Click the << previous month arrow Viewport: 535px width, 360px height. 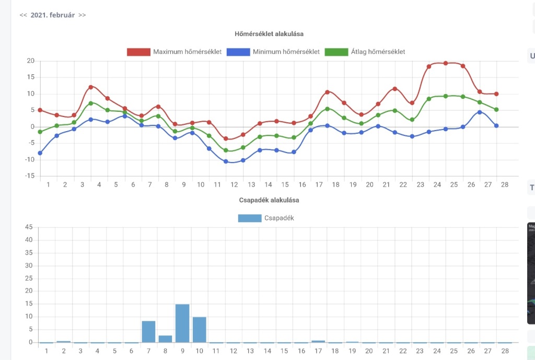[23, 15]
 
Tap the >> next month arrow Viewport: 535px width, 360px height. [82, 15]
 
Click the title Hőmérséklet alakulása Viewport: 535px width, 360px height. [269, 34]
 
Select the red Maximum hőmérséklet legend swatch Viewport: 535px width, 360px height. [138, 52]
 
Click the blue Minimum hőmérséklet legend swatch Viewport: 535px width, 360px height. [238, 52]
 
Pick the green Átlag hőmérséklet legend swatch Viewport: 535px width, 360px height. [336, 52]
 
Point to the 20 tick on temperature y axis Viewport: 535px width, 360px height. [30, 61]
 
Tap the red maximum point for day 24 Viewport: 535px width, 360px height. [446, 63]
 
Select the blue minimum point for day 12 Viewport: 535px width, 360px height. [226, 161]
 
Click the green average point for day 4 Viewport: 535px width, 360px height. [91, 103]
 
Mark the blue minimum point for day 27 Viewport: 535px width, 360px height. [480, 112]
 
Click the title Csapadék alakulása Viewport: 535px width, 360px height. [269, 200]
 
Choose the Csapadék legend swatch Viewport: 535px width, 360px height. [249, 218]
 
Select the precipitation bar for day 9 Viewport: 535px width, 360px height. [182, 323]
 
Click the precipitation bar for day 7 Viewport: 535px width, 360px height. [149, 331]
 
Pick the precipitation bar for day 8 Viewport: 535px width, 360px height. [166, 339]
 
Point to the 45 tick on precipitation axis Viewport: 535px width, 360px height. [29, 227]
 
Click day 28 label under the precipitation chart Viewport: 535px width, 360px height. [505, 351]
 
